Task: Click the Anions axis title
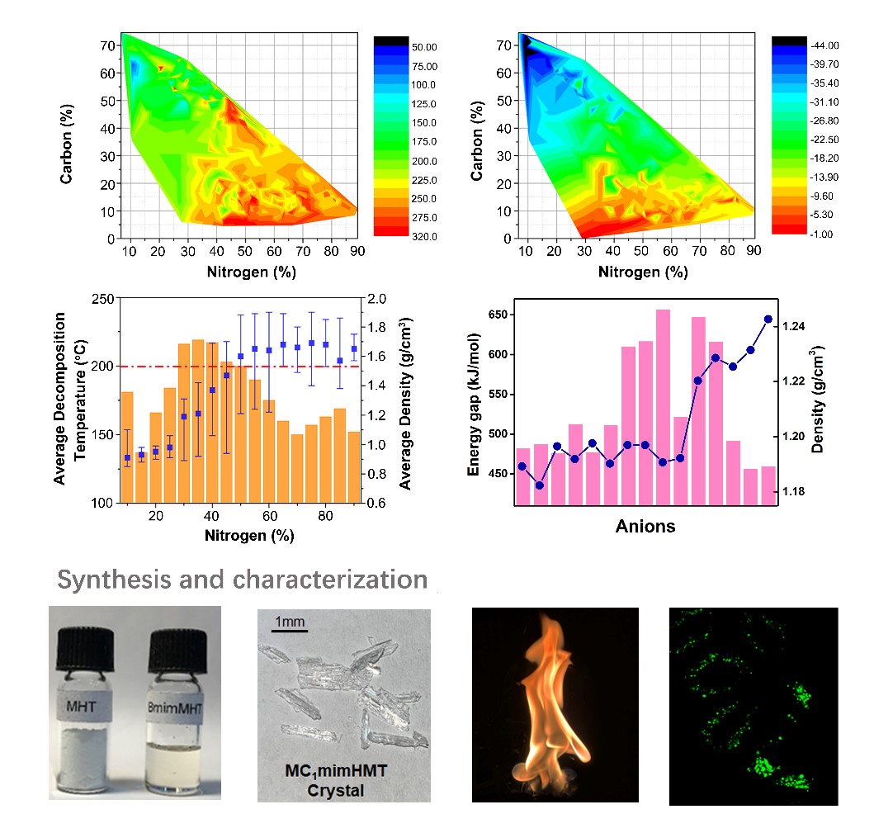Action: click(645, 526)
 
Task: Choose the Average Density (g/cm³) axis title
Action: click(405, 401)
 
